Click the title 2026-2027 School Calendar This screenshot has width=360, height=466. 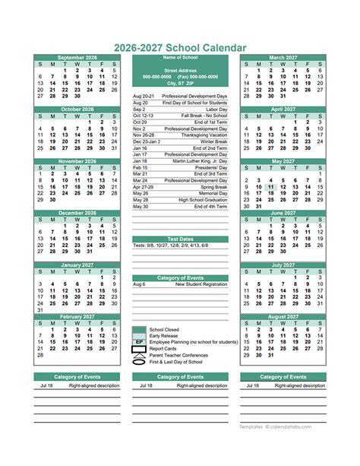(x=180, y=47)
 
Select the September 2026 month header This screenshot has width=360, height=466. (x=77, y=58)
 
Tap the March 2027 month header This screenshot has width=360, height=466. (x=283, y=58)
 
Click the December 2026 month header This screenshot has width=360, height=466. (x=77, y=213)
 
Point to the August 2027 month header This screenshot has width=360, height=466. (x=283, y=316)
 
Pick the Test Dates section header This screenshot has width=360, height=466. (x=180, y=239)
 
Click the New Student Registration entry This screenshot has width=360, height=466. (x=201, y=284)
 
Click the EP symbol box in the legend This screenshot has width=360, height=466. (x=139, y=343)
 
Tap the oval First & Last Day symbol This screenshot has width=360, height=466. (x=139, y=362)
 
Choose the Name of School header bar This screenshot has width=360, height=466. (x=180, y=58)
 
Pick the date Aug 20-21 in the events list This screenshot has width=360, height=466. (x=144, y=97)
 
